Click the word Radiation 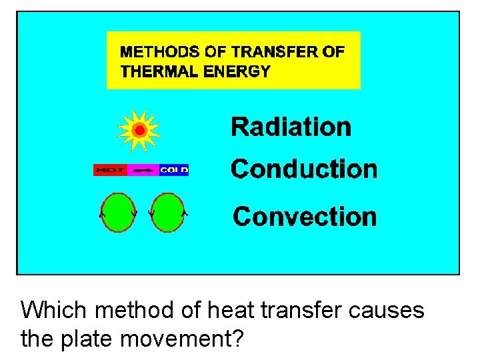point(291,127)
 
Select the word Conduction point(303,169)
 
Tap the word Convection point(305,217)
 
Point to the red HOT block point(110,170)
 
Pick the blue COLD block point(174,170)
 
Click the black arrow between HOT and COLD point(143,170)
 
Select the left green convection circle point(117,213)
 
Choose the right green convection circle point(167,213)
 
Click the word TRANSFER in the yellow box point(261,51)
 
